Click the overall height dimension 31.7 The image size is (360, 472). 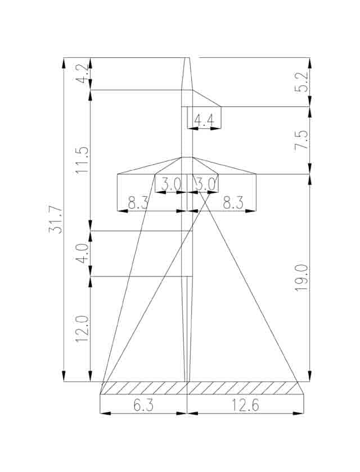pyautogui.click(x=56, y=220)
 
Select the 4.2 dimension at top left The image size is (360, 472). pyautogui.click(x=82, y=74)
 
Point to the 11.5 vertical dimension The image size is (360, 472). pyautogui.click(x=82, y=160)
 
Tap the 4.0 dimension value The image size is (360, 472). pyautogui.click(x=82, y=253)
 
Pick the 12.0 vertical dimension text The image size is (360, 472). pyautogui.click(x=82, y=329)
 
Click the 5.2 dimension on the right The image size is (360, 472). pyautogui.click(x=301, y=82)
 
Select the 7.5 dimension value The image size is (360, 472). pyautogui.click(x=301, y=139)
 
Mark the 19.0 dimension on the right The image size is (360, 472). pyautogui.click(x=301, y=278)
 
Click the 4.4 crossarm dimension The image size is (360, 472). pyautogui.click(x=204, y=121)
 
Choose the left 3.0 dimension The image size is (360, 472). pyautogui.click(x=170, y=184)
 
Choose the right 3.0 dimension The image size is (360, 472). pyautogui.click(x=205, y=184)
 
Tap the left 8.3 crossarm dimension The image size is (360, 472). pyautogui.click(x=138, y=204)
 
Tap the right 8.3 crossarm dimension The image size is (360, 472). pyautogui.click(x=233, y=204)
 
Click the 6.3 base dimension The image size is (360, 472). pyautogui.click(x=143, y=406)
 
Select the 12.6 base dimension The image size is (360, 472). pyautogui.click(x=245, y=406)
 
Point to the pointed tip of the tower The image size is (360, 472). pyautogui.click(x=187, y=57)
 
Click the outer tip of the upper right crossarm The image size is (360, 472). pyautogui.click(x=221, y=107)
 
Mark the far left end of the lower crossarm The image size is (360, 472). pyautogui.click(x=117, y=174)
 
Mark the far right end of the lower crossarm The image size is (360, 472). pyautogui.click(x=256, y=174)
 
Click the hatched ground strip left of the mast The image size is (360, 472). pyautogui.click(x=144, y=388)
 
